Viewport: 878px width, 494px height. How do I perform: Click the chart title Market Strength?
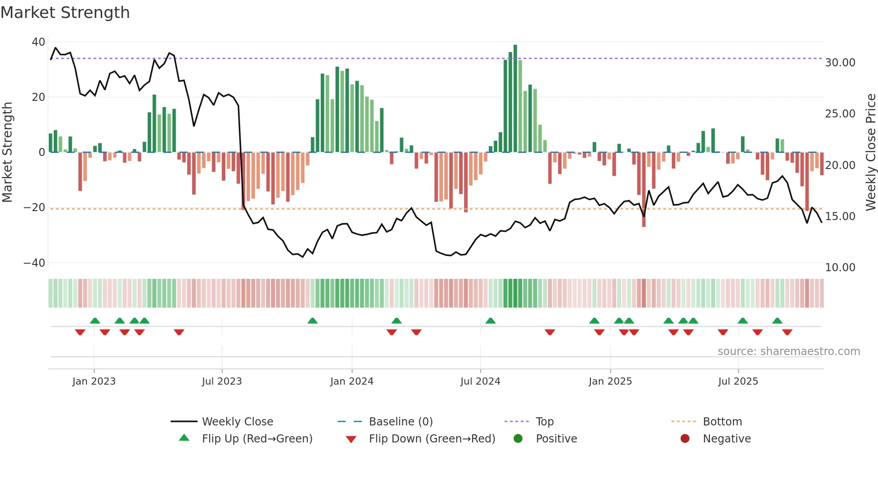pos(65,13)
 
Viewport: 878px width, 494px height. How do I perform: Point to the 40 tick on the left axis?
pos(39,42)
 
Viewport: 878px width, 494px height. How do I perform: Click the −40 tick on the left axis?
pos(34,263)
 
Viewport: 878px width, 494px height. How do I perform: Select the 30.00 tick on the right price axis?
pos(840,63)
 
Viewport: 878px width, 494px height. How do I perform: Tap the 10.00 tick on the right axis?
pos(840,268)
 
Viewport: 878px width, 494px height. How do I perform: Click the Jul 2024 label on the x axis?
pos(480,381)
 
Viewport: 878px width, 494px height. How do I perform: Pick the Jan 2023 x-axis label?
pos(94,381)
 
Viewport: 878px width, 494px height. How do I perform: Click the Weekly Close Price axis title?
pos(870,152)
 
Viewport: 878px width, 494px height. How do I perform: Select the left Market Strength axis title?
pos(7,152)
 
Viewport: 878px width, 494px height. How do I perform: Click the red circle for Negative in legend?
pos(685,439)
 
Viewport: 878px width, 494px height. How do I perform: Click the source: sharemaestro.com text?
pos(788,351)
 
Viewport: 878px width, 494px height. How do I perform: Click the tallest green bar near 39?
pos(515,99)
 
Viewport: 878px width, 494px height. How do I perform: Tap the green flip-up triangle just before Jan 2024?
pos(313,321)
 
